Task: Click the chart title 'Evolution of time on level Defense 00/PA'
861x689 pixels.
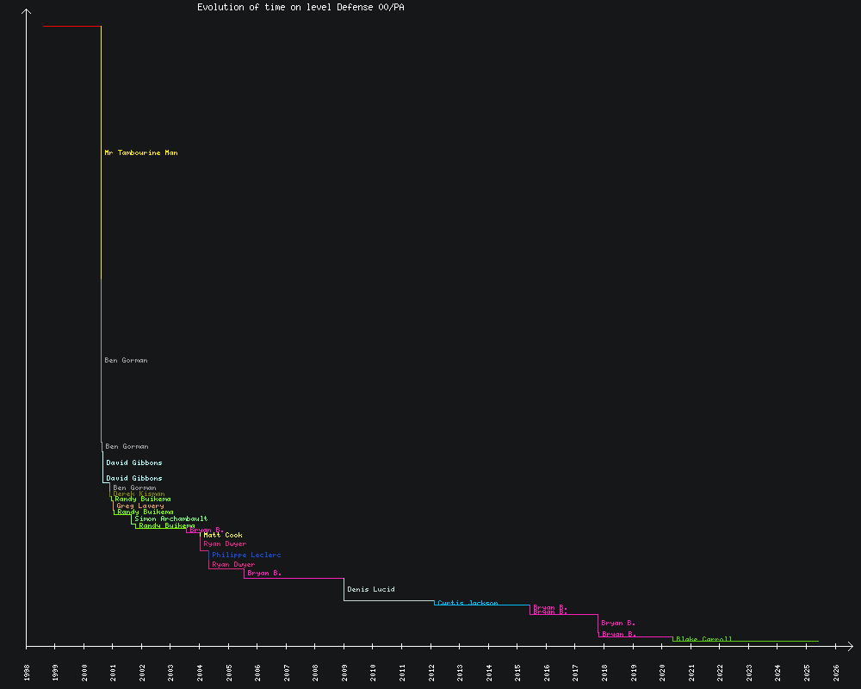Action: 300,7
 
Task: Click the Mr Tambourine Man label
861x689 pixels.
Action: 141,152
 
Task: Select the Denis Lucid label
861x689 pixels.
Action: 371,589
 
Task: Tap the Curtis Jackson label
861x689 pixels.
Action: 468,603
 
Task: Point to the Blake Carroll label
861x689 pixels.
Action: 704,639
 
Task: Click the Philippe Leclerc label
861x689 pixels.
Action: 246,556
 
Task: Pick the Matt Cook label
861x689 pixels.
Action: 223,536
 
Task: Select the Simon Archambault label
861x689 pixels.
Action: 171,519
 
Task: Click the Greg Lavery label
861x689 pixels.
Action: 140,506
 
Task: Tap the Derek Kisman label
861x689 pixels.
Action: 139,493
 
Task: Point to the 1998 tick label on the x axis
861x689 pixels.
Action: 27,672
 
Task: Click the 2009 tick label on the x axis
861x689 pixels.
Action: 344,672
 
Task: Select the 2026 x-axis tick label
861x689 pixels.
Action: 836,672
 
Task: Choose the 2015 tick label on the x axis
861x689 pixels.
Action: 517,672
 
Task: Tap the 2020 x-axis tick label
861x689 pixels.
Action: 662,672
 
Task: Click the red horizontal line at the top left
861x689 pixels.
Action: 72,27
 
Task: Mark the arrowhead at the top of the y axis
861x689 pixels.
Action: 27,12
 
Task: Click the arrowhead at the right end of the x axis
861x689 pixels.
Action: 849,645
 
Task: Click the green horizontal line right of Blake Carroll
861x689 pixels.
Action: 775,641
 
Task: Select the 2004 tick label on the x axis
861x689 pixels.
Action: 200,672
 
